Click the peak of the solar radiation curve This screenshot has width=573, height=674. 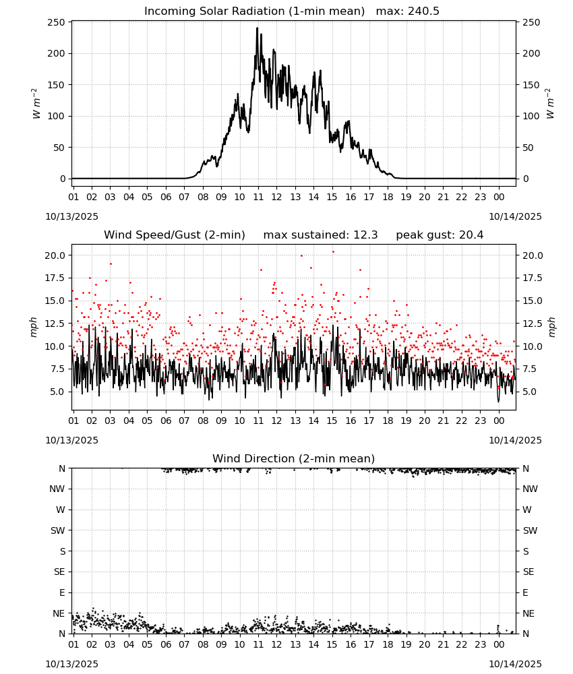pos(258,28)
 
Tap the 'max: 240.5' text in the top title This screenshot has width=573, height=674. pos(408,11)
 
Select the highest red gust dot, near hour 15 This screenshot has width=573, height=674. pos(333,252)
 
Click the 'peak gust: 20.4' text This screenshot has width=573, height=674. pos(440,235)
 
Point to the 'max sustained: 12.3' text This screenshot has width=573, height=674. pos(320,235)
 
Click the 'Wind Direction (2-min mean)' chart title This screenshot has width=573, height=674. pos(294,458)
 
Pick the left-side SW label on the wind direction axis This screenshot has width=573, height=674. pos(57,530)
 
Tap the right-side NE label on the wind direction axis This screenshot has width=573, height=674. pos(529,613)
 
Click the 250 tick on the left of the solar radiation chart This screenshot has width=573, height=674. pos(57,22)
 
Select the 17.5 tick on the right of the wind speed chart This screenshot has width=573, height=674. pos(533,278)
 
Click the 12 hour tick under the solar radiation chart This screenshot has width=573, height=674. pos(276,197)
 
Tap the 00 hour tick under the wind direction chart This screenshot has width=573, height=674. pos(499,645)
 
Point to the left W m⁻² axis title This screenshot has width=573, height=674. pos(36,104)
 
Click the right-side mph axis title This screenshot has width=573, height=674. pos(552,327)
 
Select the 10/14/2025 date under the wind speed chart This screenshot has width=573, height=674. pos(515,440)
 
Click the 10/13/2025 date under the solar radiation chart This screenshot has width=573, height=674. pos(71,216)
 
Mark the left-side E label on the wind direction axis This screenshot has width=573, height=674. pos(62,592)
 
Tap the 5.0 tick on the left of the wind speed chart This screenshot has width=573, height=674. pos(57,392)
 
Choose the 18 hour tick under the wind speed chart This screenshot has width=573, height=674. pos(388,421)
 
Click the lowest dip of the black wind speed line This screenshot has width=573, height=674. pos(499,402)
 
